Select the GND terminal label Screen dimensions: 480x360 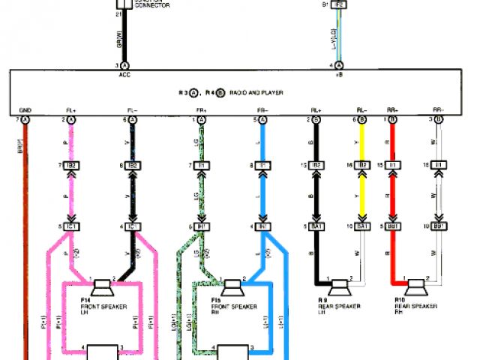[x=25, y=110]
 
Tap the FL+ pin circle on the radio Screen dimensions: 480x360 [x=72, y=119]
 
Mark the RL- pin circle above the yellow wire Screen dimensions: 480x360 [x=364, y=119]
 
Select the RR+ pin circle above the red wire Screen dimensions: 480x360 [x=391, y=119]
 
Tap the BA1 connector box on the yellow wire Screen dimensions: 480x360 [x=364, y=225]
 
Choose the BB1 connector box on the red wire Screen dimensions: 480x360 [x=391, y=225]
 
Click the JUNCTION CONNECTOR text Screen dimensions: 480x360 [x=153, y=4]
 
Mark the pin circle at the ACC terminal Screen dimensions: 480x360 [x=125, y=66]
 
